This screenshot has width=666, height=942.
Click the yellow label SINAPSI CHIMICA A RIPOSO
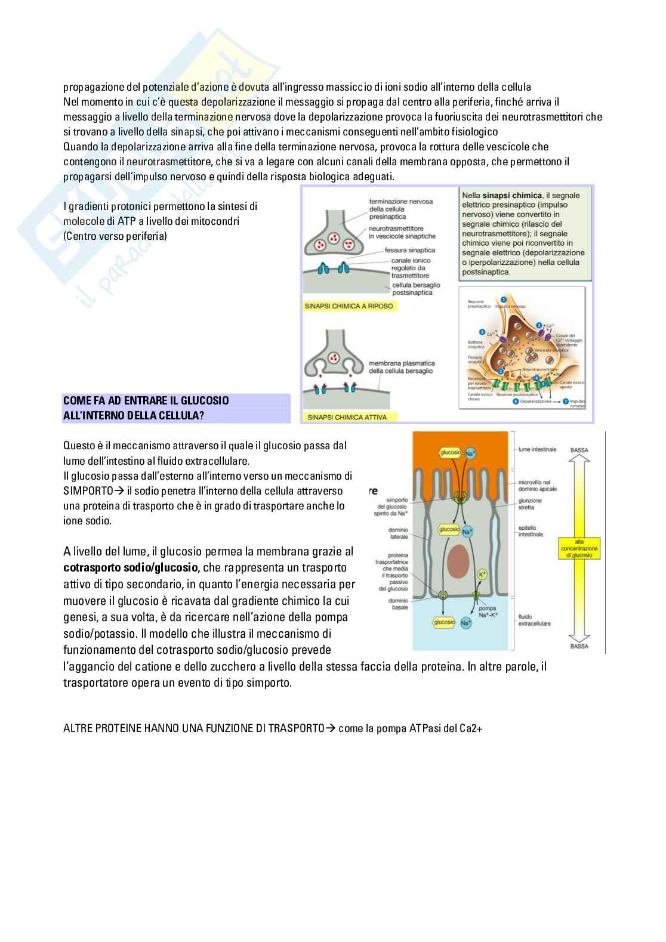(x=349, y=306)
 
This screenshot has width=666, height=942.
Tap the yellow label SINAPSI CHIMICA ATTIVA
(x=347, y=417)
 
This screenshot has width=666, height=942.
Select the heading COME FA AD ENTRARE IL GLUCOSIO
(x=146, y=400)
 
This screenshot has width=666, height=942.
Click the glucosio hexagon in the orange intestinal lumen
(x=450, y=453)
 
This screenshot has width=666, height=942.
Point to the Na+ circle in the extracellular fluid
(x=466, y=623)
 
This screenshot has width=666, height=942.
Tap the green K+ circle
(x=483, y=575)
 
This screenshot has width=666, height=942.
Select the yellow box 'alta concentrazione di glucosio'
(x=579, y=549)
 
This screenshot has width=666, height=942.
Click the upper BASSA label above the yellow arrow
(x=579, y=450)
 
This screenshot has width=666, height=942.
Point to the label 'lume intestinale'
(x=537, y=449)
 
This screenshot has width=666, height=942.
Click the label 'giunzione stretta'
(x=530, y=504)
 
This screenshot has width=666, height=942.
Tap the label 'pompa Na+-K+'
(x=488, y=611)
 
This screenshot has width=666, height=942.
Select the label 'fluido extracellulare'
(x=534, y=620)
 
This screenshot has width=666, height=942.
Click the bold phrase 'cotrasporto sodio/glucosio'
(x=130, y=567)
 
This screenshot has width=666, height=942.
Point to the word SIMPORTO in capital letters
(x=88, y=490)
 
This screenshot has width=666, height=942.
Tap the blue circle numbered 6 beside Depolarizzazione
(x=516, y=401)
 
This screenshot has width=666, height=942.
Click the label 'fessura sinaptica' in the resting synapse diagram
(x=409, y=251)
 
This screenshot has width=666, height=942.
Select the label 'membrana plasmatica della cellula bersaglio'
(x=402, y=367)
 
